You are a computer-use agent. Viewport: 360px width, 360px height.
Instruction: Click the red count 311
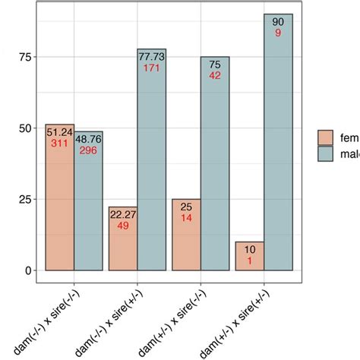[x=59, y=143]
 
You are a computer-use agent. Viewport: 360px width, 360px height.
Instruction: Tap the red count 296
[x=88, y=150]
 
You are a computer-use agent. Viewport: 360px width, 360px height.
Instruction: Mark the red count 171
[x=151, y=68]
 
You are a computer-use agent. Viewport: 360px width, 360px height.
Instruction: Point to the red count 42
[x=215, y=76]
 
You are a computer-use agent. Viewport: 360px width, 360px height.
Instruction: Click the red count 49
[x=123, y=226]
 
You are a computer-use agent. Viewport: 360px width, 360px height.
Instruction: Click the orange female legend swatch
[x=326, y=138]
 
